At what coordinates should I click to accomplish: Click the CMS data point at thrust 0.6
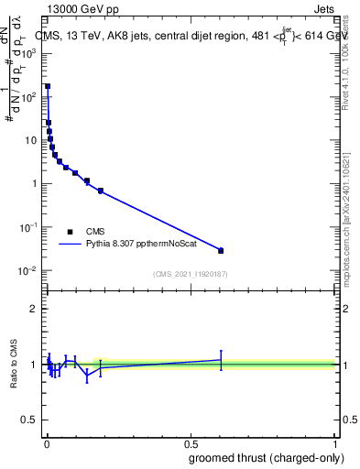[x=221, y=250]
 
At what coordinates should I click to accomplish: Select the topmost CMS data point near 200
[x=48, y=87]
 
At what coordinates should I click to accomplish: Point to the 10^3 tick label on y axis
[x=27, y=53]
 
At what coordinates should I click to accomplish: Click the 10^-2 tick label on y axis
[x=27, y=271]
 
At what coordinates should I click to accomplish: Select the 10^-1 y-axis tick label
[x=27, y=227]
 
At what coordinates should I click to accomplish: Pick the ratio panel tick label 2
[x=32, y=309]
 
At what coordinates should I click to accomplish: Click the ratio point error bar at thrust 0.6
[x=221, y=360]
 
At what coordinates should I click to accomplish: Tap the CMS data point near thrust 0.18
[x=101, y=191]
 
